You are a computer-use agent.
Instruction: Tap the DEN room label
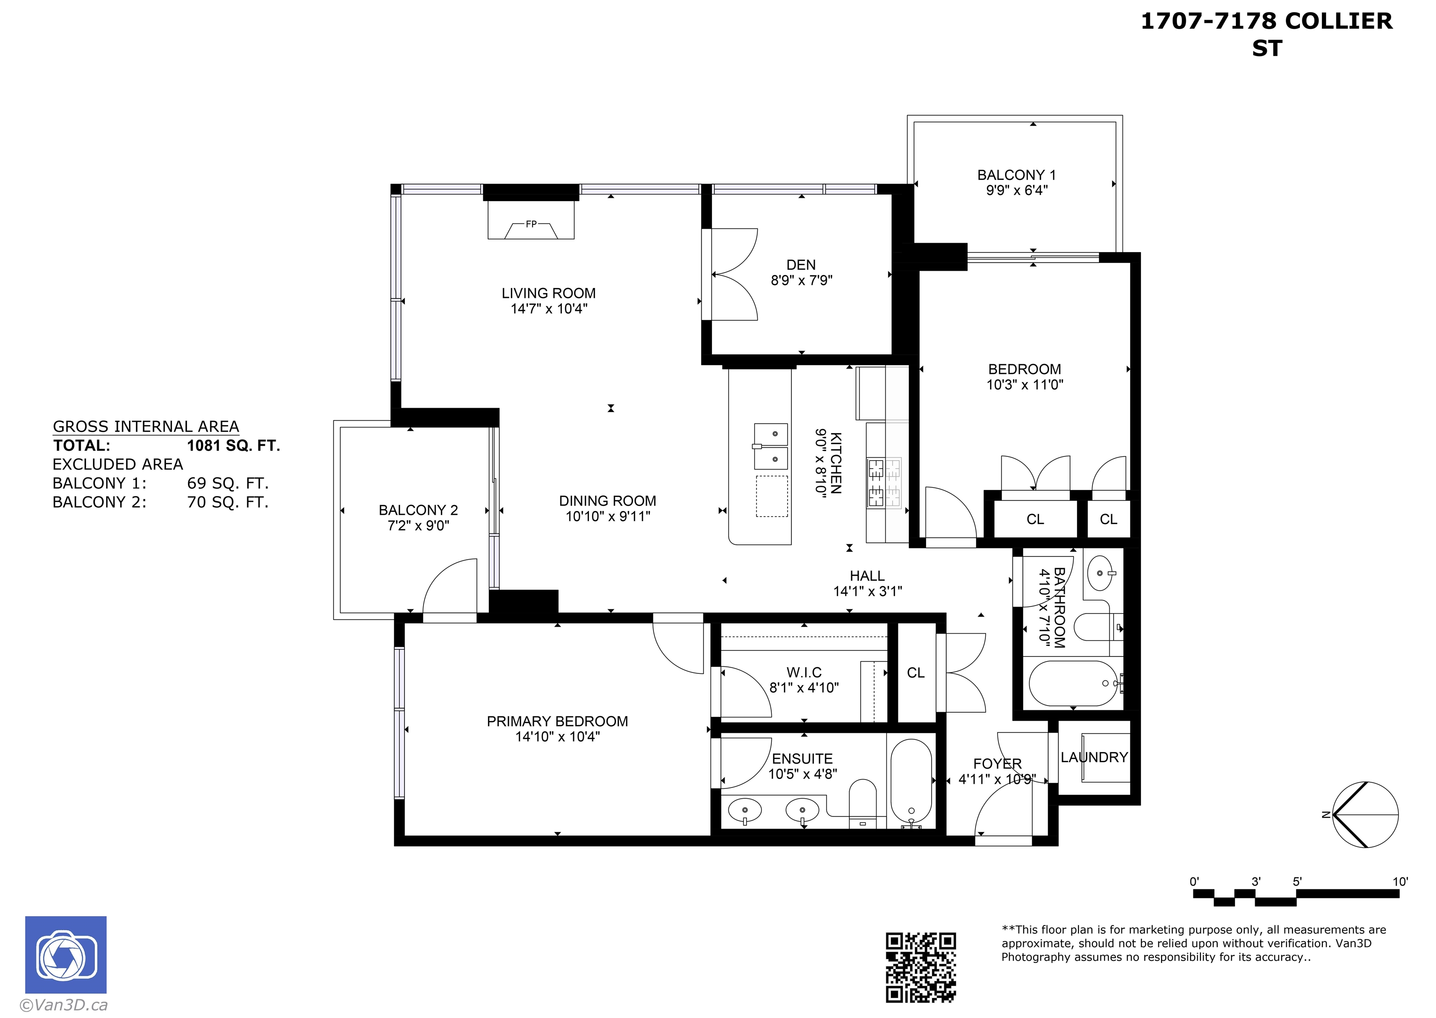pyautogui.click(x=801, y=265)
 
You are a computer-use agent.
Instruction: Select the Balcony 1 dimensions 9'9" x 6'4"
pyautogui.click(x=1016, y=191)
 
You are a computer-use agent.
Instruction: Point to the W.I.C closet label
pyautogui.click(x=804, y=672)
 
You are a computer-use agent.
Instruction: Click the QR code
pyautogui.click(x=920, y=967)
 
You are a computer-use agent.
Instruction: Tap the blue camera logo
pyautogui.click(x=66, y=955)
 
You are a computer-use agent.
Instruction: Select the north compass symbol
pyautogui.click(x=1364, y=815)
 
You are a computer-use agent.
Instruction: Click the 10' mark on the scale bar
pyautogui.click(x=1400, y=881)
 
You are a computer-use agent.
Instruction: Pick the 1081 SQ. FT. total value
pyautogui.click(x=233, y=446)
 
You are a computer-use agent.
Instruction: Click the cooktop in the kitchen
pyautogui.click(x=884, y=483)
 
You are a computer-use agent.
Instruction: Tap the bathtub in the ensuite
pyautogui.click(x=911, y=784)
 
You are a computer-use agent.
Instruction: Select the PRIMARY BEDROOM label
pyautogui.click(x=557, y=722)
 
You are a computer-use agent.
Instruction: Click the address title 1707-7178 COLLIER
pyautogui.click(x=1266, y=22)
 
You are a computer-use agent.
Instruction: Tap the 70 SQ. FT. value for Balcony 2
pyautogui.click(x=228, y=502)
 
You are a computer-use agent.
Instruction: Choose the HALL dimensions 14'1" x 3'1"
pyautogui.click(x=867, y=591)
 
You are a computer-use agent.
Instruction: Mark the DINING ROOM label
pyautogui.click(x=607, y=501)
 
